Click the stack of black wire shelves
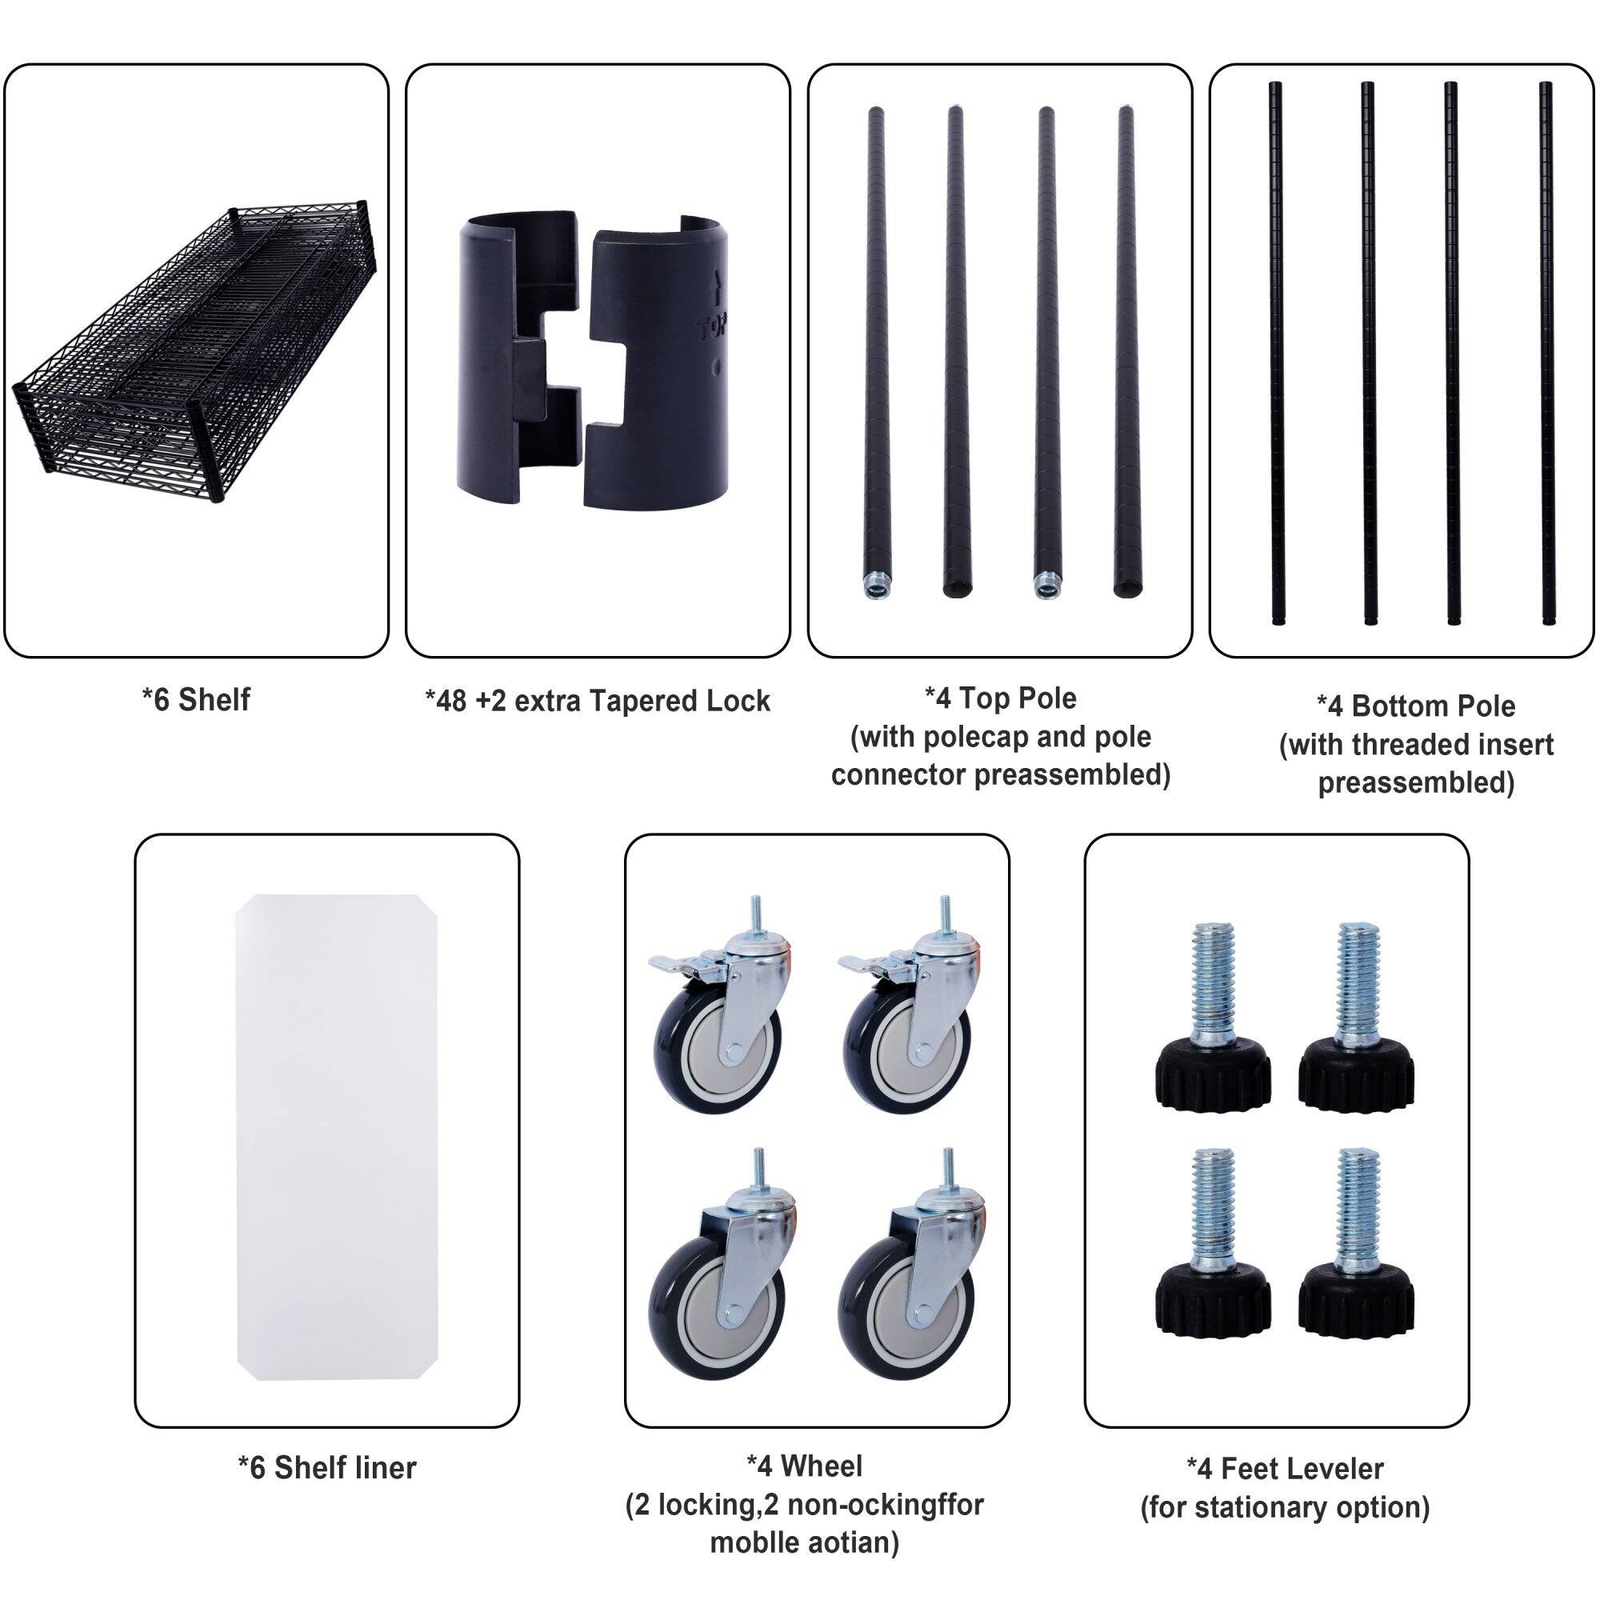pos(195,352)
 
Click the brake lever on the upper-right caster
pos(862,962)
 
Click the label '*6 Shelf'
pos(195,700)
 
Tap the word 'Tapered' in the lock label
pos(634,702)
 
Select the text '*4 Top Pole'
pos(1001,698)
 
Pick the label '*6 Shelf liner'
pos(327,1467)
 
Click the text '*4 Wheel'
pos(804,1466)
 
